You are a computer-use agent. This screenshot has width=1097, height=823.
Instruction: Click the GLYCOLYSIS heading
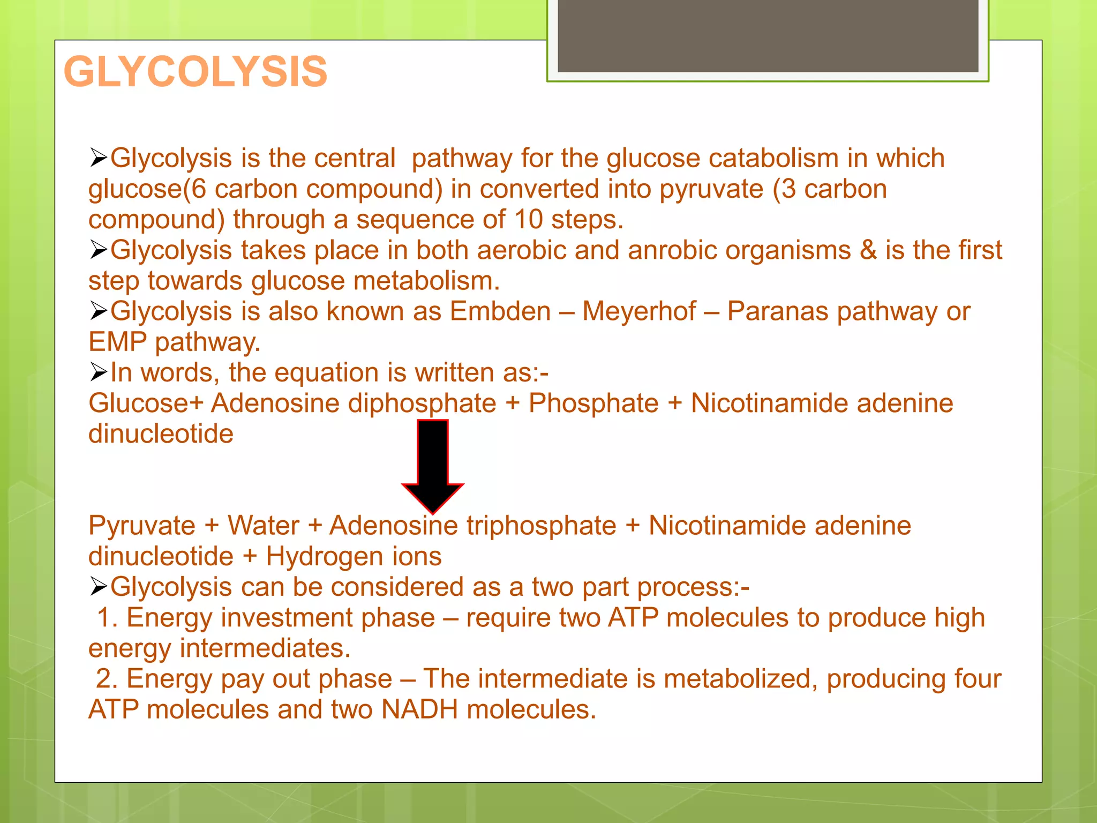(x=196, y=72)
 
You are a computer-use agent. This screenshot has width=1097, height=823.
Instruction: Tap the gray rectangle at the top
(x=768, y=35)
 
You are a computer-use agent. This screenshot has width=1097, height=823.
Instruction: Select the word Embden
(x=500, y=311)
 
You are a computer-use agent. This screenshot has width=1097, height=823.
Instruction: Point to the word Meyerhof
(x=638, y=311)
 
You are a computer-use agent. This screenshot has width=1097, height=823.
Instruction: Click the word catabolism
(x=773, y=158)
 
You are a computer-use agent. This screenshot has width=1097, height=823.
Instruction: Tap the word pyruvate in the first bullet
(x=711, y=189)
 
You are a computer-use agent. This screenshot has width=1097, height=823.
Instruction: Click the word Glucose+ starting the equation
(x=146, y=403)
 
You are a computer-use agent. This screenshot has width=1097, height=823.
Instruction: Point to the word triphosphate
(x=541, y=526)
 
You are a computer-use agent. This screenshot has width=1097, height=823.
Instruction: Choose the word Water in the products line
(x=263, y=526)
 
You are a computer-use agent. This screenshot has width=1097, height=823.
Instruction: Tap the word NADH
(x=419, y=709)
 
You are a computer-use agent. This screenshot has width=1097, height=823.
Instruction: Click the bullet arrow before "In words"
(x=99, y=372)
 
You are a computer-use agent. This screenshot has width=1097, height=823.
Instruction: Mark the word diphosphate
(x=422, y=403)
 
